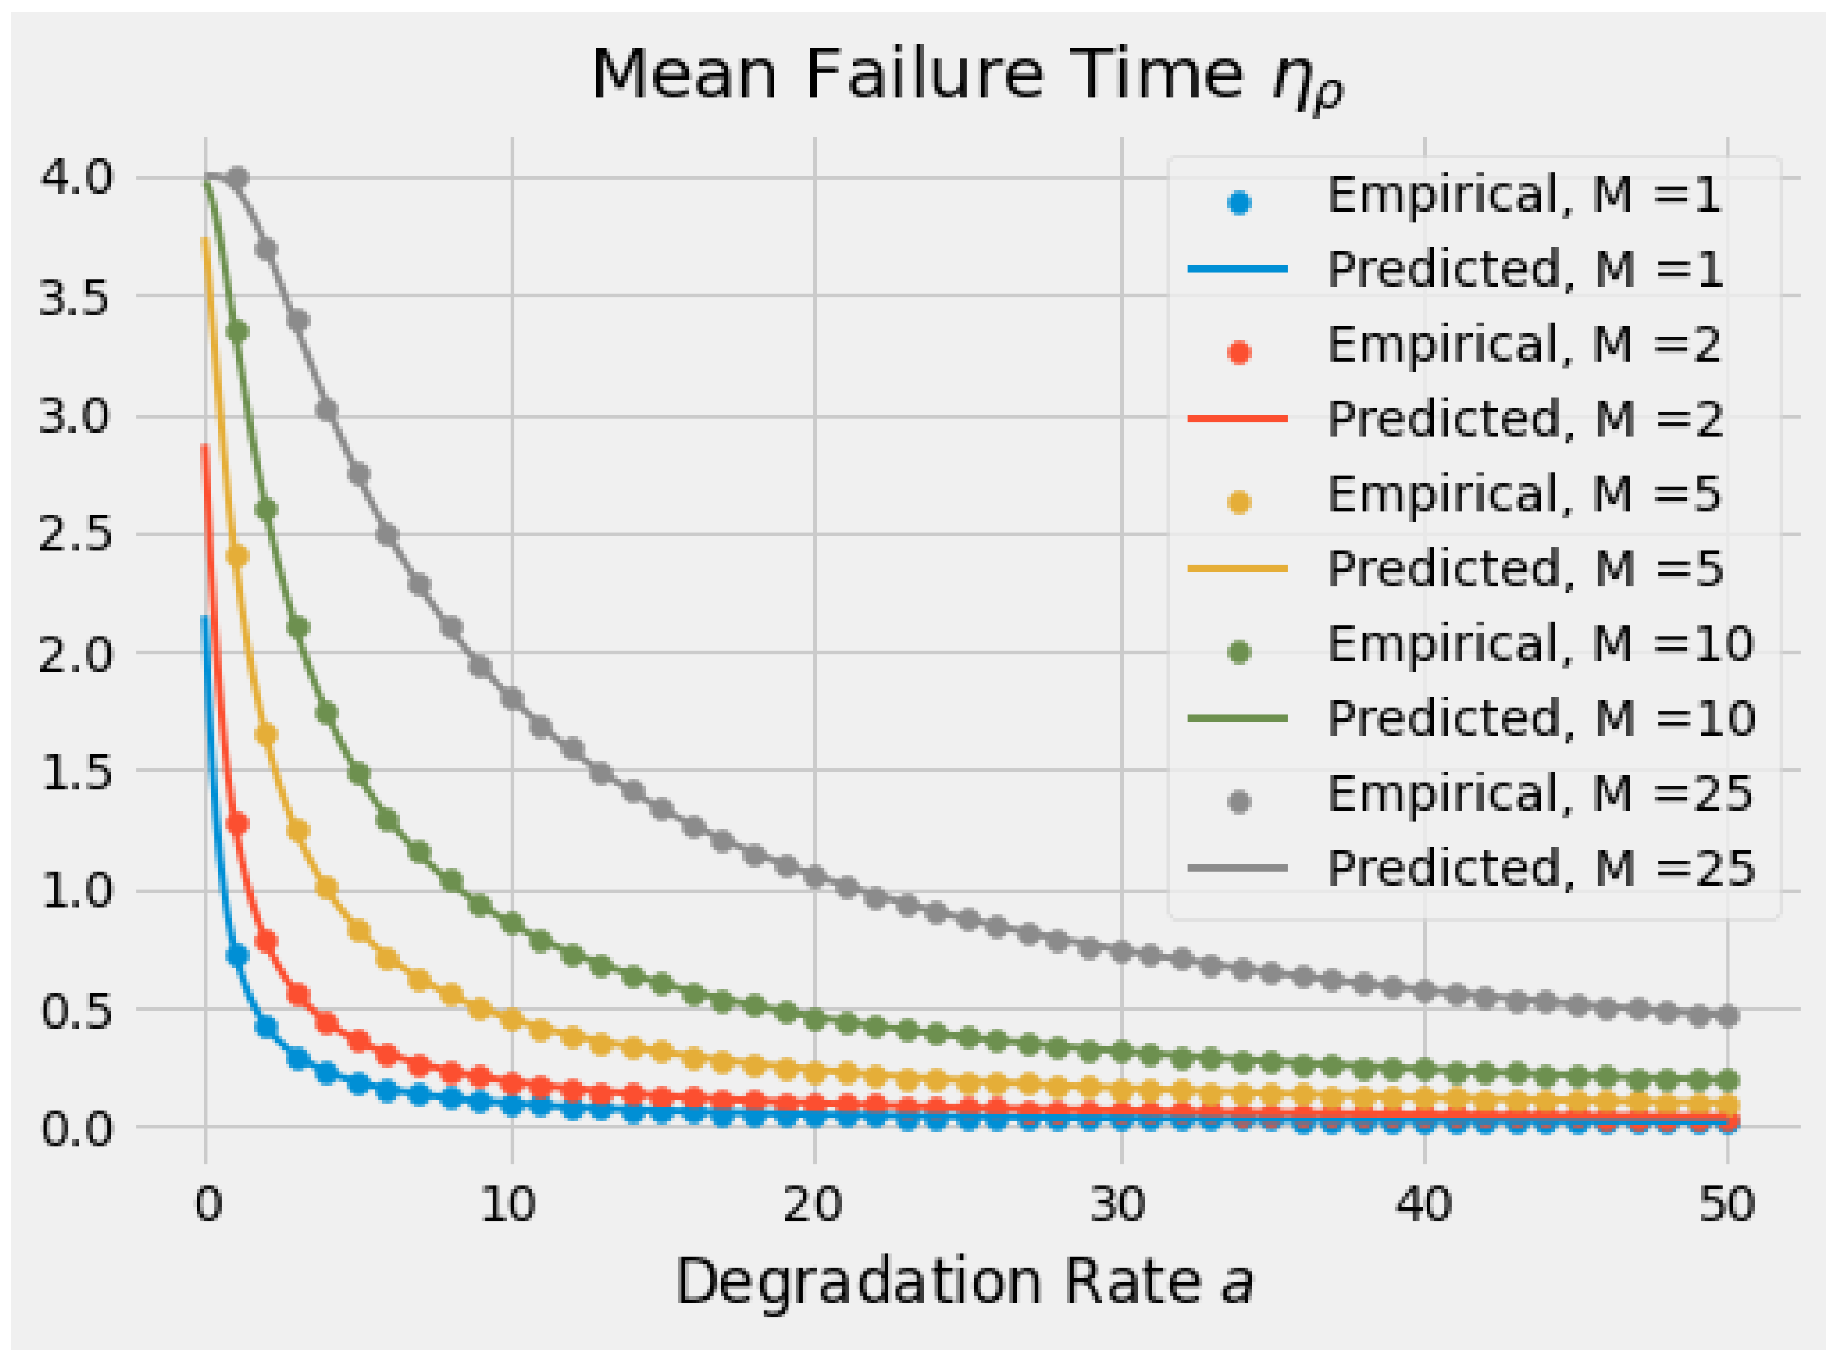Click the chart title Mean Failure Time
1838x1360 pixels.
967,76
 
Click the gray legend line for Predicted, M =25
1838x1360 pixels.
1237,868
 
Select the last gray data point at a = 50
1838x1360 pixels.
1727,1016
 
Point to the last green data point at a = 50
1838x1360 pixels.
1727,1079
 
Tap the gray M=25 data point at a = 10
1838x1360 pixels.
512,699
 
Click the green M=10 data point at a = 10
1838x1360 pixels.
512,923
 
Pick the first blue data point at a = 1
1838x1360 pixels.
237,955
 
